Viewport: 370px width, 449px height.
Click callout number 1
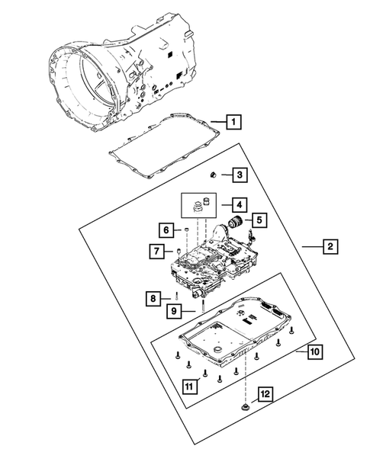pyautogui.click(x=236, y=121)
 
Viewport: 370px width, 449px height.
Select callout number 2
pyautogui.click(x=329, y=246)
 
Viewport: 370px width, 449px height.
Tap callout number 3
pyautogui.click(x=239, y=176)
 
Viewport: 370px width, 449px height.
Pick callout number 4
pyautogui.click(x=238, y=204)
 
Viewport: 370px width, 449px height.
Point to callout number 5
pyautogui.click(x=259, y=220)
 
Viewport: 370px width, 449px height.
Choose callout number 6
pyautogui.click(x=165, y=229)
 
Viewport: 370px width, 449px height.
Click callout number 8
pyautogui.click(x=153, y=297)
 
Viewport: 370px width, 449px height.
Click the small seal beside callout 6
pyautogui.click(x=183, y=229)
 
